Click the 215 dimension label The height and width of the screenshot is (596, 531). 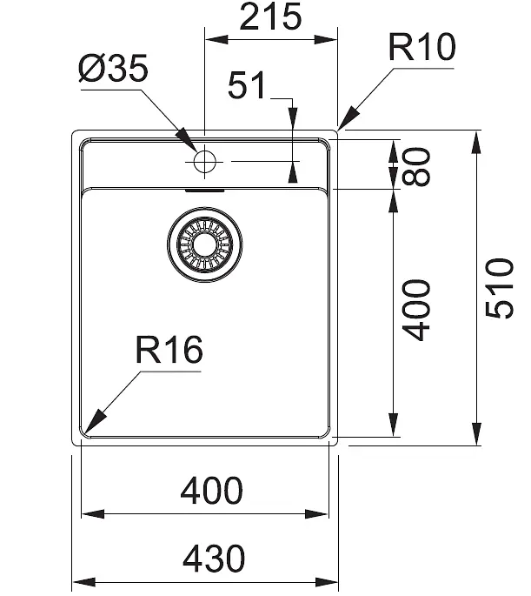point(270,17)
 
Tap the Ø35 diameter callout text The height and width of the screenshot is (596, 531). point(113,69)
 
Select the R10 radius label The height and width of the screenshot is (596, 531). point(421,47)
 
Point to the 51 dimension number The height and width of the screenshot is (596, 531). point(246,84)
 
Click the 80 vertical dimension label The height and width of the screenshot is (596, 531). point(416,167)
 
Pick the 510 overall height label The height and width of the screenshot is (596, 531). point(500,288)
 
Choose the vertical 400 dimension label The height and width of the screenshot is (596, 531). point(416,310)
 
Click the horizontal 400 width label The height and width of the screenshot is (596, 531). point(211,491)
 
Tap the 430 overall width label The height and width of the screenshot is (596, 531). point(214,558)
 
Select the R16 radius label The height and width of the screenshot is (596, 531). point(169,350)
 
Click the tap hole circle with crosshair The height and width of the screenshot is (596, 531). point(204,161)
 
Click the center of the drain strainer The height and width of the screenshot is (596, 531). point(204,244)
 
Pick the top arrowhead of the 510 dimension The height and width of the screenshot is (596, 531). point(476,142)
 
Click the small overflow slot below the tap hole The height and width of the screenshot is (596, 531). point(204,191)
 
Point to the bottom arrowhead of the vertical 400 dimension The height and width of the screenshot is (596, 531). point(394,425)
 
